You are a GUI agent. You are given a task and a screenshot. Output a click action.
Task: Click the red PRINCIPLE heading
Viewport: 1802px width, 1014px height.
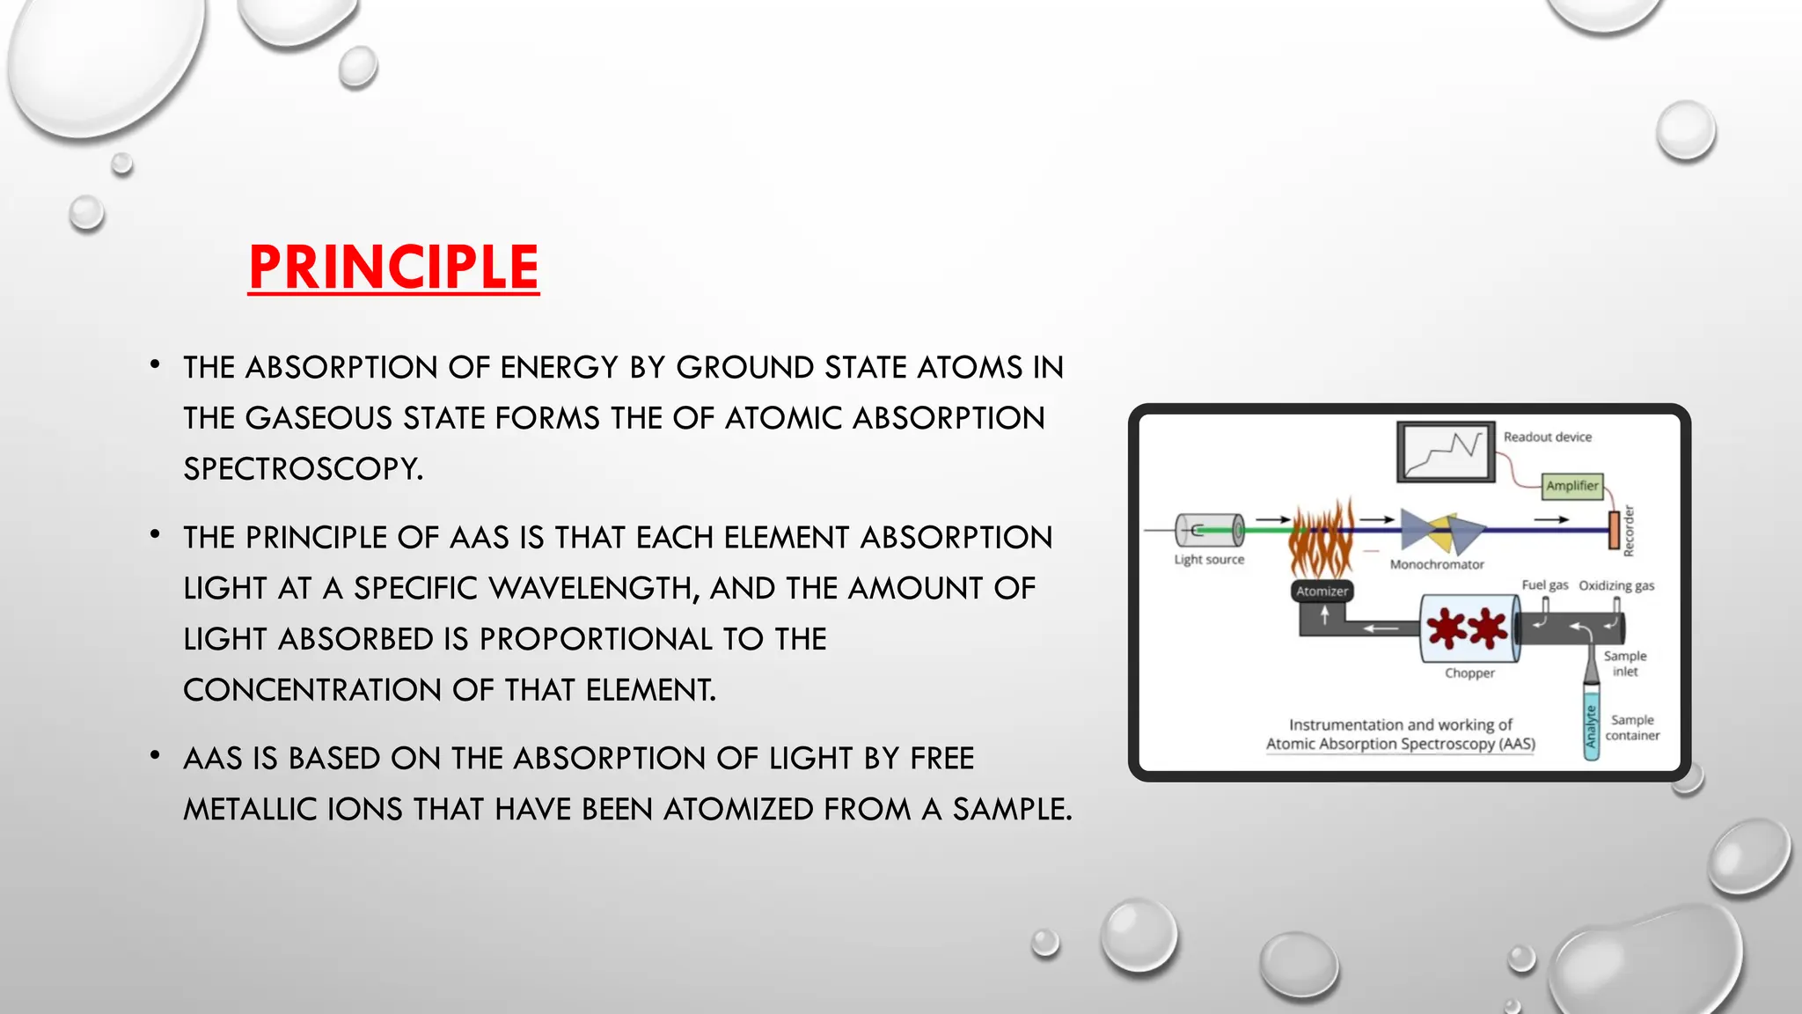(x=393, y=267)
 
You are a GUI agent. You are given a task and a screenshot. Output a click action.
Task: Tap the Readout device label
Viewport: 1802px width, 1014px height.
(x=1547, y=437)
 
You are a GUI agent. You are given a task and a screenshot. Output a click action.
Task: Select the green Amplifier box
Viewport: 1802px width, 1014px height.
(x=1572, y=486)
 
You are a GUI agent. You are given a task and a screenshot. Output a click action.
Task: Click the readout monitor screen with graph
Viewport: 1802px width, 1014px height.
(x=1446, y=452)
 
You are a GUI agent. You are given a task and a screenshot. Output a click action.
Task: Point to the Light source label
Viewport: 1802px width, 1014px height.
(x=1209, y=559)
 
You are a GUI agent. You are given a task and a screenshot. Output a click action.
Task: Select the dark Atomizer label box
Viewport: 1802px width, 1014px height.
(x=1322, y=591)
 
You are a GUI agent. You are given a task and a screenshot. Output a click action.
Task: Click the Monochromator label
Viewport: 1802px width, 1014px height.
(x=1437, y=564)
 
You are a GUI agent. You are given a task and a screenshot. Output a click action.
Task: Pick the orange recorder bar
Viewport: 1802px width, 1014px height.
(x=1615, y=530)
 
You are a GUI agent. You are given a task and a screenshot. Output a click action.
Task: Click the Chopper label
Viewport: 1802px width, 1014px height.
(x=1469, y=673)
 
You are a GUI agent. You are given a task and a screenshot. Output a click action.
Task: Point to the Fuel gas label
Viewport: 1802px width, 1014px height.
(x=1545, y=585)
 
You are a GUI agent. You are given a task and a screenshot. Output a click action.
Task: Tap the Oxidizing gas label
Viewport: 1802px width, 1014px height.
(x=1616, y=585)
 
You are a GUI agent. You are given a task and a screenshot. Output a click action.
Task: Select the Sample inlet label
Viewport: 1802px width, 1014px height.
(x=1625, y=664)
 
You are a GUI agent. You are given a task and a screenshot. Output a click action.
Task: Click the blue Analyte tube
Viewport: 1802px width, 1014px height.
(x=1591, y=726)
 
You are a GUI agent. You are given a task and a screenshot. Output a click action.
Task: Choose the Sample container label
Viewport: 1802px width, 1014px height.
(x=1632, y=728)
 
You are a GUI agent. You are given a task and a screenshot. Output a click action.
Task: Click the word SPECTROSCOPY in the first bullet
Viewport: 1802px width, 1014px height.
(x=303, y=468)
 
